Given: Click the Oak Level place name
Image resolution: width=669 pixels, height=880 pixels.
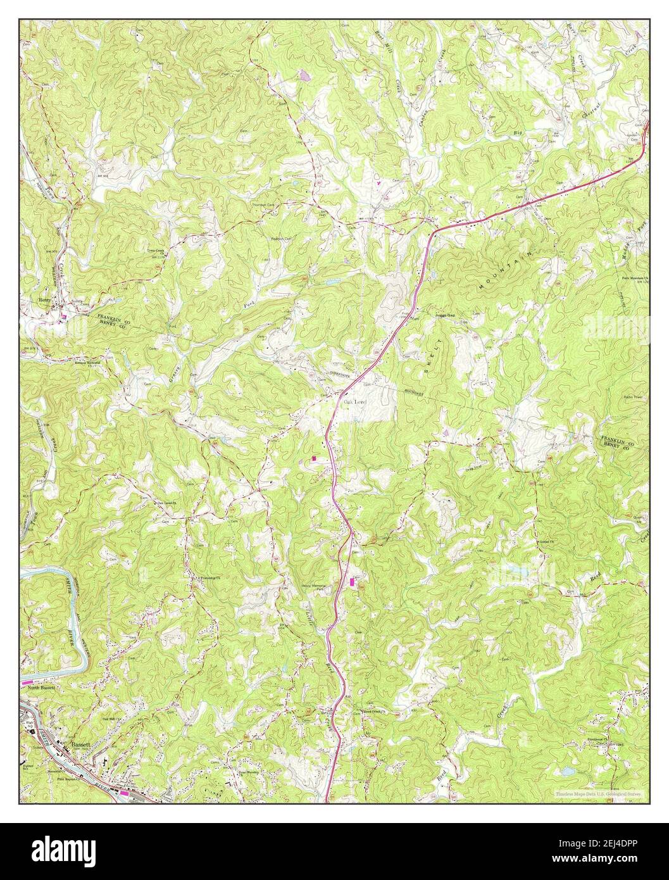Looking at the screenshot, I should point(354,402).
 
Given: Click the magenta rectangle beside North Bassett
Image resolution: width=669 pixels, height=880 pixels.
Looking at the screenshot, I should point(30,684).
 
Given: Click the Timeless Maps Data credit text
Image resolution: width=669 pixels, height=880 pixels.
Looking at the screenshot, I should point(598,793).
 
